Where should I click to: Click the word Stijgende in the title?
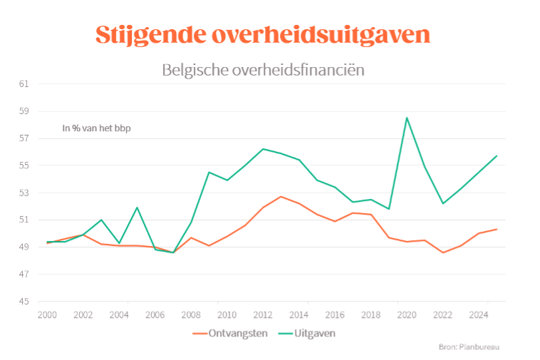coord(145,35)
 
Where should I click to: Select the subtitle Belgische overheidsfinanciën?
coord(264,70)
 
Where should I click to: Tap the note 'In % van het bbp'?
coord(97,128)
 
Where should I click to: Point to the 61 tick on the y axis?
coord(24,84)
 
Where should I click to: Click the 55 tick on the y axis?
coord(24,165)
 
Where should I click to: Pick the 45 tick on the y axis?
coord(24,302)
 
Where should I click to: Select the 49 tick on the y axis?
coord(24,247)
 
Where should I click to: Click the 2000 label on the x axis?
coord(47,314)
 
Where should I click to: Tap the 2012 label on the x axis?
coord(262,314)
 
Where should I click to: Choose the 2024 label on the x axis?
coord(478,314)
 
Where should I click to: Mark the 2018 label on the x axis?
coord(370,314)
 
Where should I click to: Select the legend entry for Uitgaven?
coord(311,333)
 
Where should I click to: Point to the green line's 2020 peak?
coord(407,118)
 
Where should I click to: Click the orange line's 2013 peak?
coord(281,197)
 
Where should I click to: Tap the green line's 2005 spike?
coord(137,207)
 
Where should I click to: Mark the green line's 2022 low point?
coord(442,203)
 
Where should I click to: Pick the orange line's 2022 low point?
coord(442,252)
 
